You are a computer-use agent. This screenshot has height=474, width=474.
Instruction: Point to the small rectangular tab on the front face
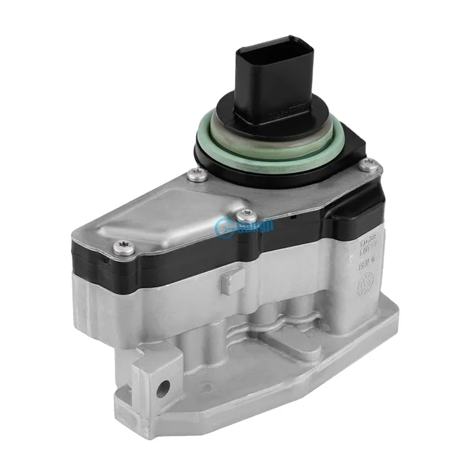(230, 281)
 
